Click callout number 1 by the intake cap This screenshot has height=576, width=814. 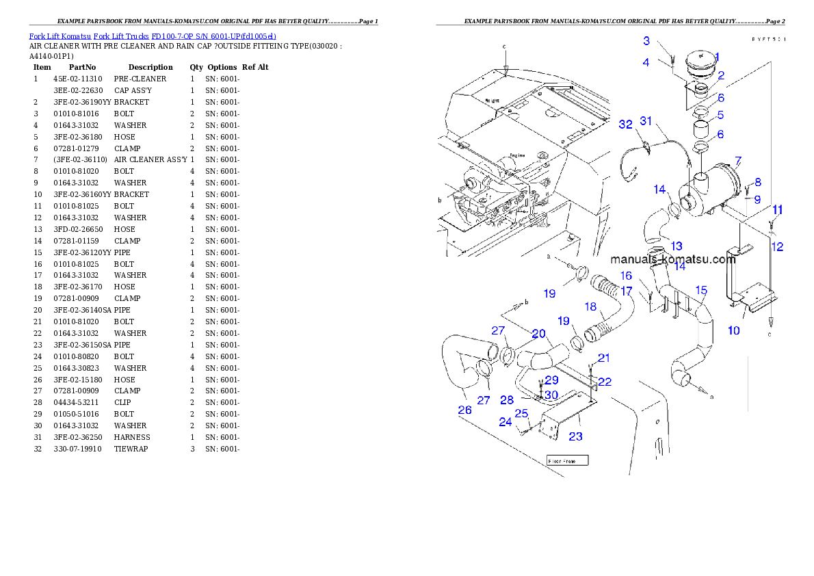point(717,58)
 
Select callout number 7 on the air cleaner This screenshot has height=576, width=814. point(738,161)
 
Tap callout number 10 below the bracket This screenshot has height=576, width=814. point(733,330)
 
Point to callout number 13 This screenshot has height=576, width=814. point(676,246)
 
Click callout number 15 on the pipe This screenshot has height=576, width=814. point(700,290)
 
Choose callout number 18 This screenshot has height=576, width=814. point(591,307)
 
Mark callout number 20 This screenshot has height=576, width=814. point(539,334)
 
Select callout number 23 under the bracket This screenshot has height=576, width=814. point(576,436)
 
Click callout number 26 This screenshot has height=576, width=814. point(464,410)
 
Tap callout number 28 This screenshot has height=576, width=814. point(506,400)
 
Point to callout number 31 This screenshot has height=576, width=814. point(646,121)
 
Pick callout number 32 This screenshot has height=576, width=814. point(625,124)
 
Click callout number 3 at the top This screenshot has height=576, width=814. point(646,41)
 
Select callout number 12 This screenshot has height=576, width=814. point(777,247)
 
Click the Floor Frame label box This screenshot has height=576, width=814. point(567,461)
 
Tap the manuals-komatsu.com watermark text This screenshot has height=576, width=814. point(672,260)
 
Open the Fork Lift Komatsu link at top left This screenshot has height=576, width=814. point(153,36)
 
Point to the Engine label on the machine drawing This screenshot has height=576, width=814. point(518,155)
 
